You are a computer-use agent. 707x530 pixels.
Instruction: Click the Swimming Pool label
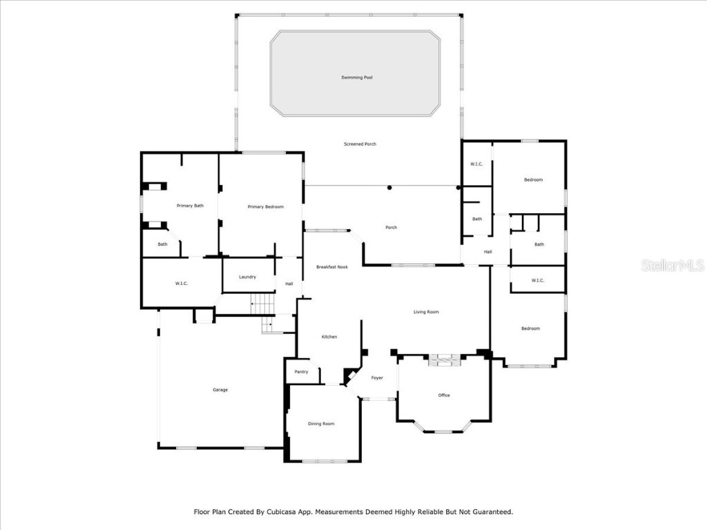(x=357, y=77)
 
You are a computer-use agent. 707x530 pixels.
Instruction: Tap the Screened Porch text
(x=360, y=144)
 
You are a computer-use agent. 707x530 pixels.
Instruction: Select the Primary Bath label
(x=190, y=206)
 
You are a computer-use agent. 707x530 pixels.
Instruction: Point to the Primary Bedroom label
(x=265, y=207)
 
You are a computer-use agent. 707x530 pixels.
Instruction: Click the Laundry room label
(x=247, y=277)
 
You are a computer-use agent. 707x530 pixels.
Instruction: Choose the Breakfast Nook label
(x=331, y=267)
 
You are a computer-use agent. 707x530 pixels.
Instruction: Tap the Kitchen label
(x=329, y=337)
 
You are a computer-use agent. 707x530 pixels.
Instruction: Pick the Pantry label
(x=301, y=372)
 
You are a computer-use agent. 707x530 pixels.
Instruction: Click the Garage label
(x=220, y=390)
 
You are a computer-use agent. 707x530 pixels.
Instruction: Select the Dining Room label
(x=321, y=424)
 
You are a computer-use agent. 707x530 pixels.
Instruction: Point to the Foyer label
(x=377, y=378)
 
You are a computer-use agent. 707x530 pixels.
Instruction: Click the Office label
(x=444, y=395)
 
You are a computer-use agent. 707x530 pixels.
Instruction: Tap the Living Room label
(x=426, y=312)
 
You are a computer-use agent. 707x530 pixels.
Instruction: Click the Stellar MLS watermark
(x=672, y=266)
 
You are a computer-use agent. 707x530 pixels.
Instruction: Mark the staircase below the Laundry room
(x=262, y=302)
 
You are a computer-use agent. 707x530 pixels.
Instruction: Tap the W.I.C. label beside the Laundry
(x=182, y=284)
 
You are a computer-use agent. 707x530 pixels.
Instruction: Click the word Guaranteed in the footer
(x=489, y=512)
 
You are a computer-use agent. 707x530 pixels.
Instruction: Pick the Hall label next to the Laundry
(x=289, y=284)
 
